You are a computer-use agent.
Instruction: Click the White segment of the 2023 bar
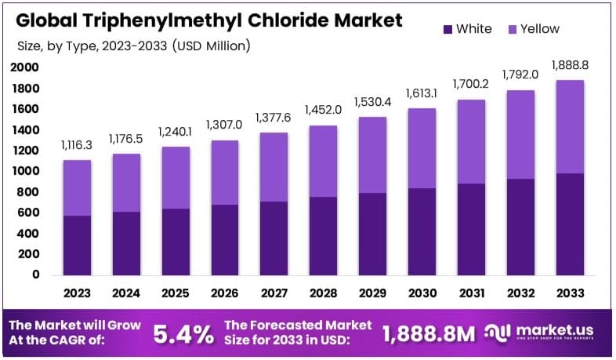click(x=78, y=245)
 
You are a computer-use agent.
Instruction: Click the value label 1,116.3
click(x=78, y=146)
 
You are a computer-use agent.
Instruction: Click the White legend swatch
click(x=448, y=29)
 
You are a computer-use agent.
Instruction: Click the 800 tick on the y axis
click(x=27, y=191)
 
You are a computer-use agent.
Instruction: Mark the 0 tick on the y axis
click(x=35, y=275)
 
